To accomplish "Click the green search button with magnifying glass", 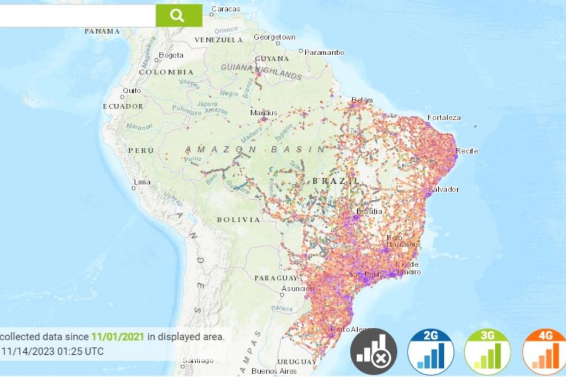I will (179, 15).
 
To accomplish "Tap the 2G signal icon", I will (431, 352).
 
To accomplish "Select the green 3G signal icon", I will (488, 352).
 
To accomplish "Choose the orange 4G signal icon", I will (544, 352).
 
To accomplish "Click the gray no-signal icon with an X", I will (374, 352).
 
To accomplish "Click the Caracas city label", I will (226, 9).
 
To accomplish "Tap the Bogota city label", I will (171, 55).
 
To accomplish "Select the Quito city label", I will (132, 91).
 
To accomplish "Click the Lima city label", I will (142, 182).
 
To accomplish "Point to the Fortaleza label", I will (444, 118).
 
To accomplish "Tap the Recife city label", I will (467, 151).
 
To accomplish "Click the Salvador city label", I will (447, 189).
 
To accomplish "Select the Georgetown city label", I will (274, 37).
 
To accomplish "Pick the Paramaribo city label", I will (325, 52).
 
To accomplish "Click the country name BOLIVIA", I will (238, 220).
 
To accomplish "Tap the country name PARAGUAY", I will (276, 278).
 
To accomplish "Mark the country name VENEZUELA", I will (218, 40).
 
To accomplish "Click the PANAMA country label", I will (102, 31).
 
